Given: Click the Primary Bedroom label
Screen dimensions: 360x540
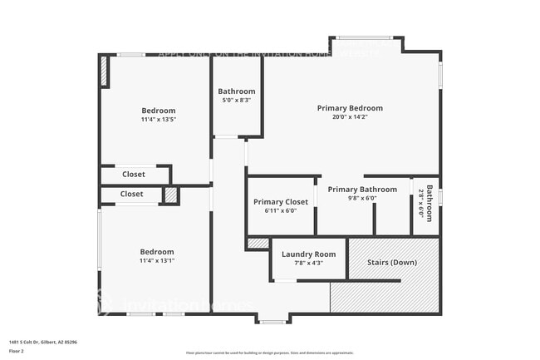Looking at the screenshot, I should [x=350, y=108].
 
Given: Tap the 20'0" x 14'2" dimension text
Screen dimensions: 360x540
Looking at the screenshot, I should [x=350, y=117].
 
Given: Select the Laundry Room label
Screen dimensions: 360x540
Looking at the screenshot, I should [x=308, y=254].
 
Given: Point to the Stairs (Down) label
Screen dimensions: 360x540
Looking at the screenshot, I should [x=392, y=263].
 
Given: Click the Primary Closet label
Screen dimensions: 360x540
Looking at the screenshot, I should [x=281, y=202].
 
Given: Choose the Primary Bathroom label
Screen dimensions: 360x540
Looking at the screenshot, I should [x=362, y=190].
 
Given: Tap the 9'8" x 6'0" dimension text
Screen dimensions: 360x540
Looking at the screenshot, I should [x=362, y=199].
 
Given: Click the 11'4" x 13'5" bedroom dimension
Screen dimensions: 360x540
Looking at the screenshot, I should [x=158, y=120].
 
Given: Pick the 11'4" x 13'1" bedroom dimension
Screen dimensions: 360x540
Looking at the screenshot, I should [x=156, y=261].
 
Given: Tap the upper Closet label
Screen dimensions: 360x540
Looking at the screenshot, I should [x=133, y=175].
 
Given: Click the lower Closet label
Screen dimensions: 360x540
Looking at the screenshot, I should [x=131, y=194].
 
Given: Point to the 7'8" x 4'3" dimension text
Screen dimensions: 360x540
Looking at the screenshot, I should [x=308, y=264].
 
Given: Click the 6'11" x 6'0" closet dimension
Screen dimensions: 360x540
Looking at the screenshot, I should [x=281, y=211].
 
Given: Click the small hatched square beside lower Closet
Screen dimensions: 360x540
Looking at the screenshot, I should [x=170, y=195].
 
